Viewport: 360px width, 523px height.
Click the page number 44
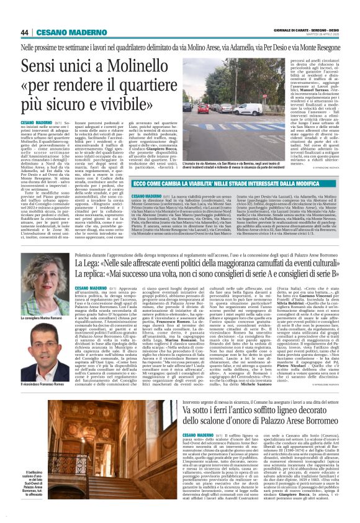coord(25,32)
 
